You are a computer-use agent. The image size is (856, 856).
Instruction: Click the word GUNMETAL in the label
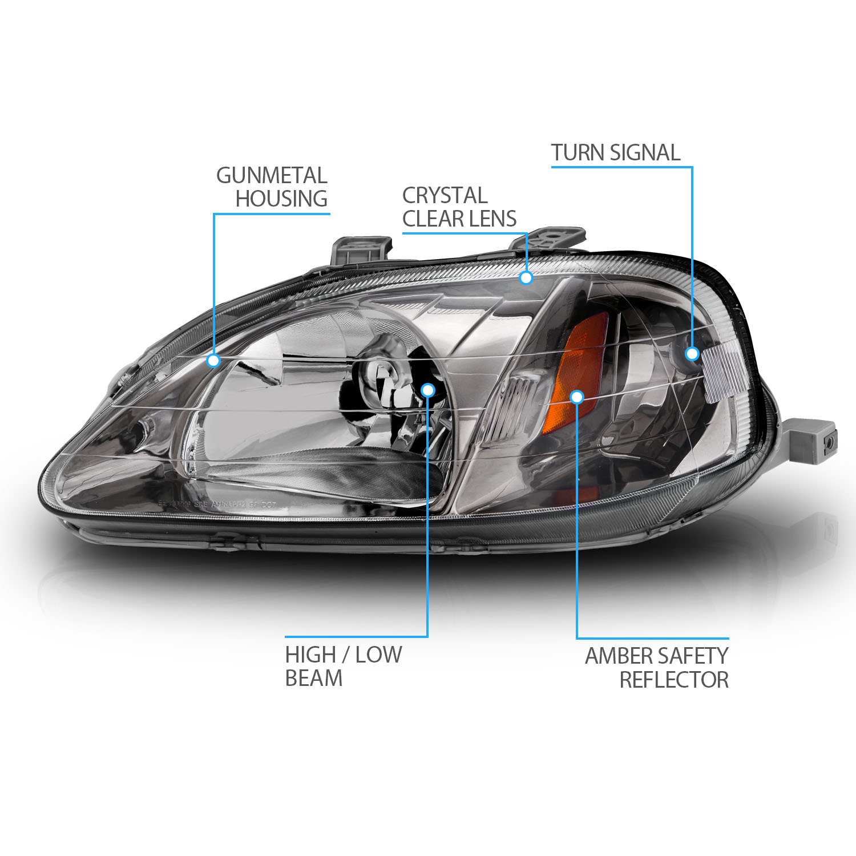(x=272, y=175)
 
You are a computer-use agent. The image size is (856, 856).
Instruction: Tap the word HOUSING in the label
(x=281, y=199)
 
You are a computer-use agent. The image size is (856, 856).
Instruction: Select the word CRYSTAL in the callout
(x=445, y=195)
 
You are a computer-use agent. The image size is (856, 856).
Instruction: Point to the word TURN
(x=577, y=152)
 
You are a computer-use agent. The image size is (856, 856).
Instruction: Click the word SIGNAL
(x=645, y=152)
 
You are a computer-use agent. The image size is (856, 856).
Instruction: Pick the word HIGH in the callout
(x=310, y=655)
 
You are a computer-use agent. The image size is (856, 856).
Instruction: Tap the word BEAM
(x=314, y=678)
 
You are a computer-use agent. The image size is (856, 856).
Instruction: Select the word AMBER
(x=620, y=656)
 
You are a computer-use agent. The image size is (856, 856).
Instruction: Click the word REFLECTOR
(x=674, y=680)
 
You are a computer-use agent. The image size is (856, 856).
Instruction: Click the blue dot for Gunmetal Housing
(x=213, y=361)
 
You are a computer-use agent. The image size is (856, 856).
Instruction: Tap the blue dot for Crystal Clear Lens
(x=526, y=278)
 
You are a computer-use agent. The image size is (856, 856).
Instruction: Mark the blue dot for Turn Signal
(x=692, y=354)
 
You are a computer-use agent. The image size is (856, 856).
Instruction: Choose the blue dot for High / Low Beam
(x=428, y=390)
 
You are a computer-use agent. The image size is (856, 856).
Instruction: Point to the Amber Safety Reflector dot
(x=577, y=397)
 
